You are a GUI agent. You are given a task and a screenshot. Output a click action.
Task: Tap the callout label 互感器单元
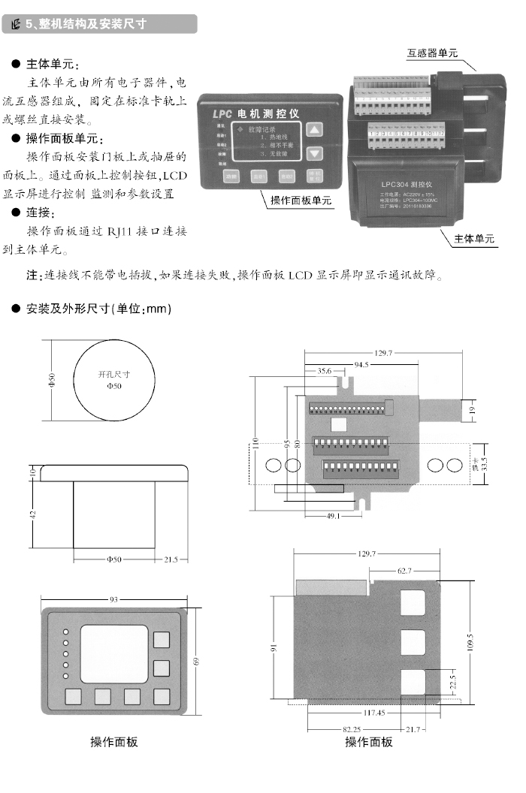[x=432, y=53]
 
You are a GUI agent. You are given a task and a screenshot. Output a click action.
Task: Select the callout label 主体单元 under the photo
[x=474, y=239]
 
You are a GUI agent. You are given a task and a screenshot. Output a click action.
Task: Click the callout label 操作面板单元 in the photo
[x=301, y=201]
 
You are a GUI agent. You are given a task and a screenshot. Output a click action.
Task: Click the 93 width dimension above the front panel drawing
[x=113, y=599]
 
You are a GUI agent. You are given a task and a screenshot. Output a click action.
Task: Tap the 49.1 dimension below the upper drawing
[x=334, y=515]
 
